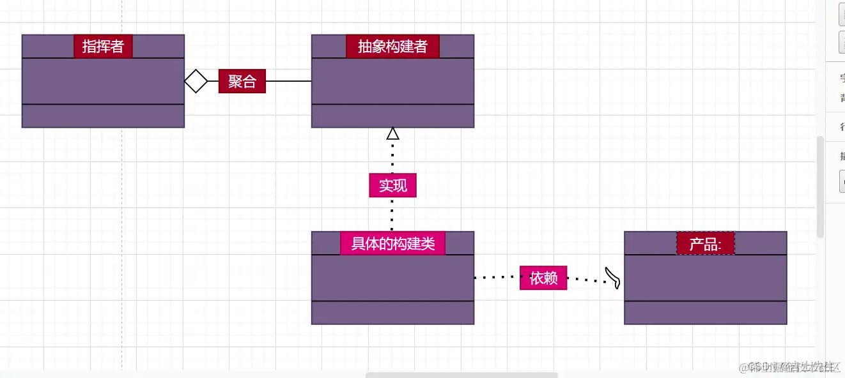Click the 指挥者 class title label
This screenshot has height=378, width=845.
point(103,46)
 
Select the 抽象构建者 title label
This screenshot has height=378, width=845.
point(392,46)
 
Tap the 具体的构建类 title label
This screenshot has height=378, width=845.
point(392,243)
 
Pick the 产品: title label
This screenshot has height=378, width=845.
point(706,243)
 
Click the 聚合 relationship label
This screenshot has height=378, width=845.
point(242,81)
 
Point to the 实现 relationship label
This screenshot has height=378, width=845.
point(392,185)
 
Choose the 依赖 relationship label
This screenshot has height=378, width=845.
point(543,278)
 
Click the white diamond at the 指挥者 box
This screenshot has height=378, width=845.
point(196,81)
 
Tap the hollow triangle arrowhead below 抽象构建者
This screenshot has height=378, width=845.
point(392,133)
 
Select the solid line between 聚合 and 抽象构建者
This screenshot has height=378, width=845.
point(288,81)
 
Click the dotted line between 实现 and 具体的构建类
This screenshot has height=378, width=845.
point(392,214)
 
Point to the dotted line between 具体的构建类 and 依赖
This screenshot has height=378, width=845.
point(497,278)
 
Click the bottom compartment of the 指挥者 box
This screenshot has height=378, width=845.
point(103,116)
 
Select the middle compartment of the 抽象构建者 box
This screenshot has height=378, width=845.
point(392,81)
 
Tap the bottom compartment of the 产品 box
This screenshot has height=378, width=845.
point(706,312)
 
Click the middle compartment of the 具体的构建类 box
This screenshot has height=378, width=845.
point(392,278)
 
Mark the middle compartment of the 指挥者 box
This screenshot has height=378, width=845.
point(103,81)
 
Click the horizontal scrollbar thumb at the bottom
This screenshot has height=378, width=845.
point(461,375)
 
